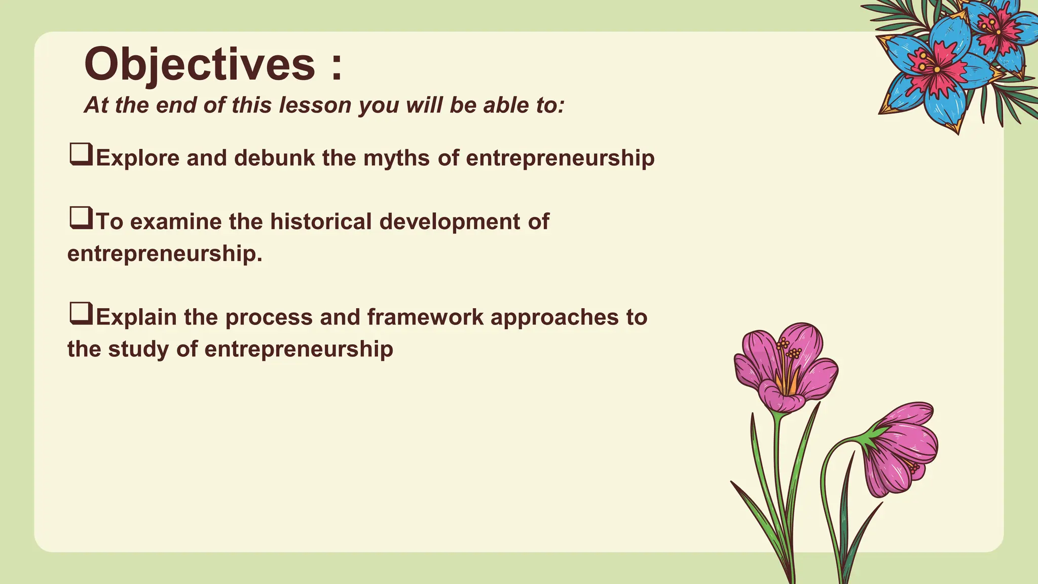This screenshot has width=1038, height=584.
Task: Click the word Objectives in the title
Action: [x=199, y=65]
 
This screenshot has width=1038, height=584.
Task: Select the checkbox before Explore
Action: [x=81, y=154]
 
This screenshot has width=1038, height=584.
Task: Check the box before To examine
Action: [x=81, y=218]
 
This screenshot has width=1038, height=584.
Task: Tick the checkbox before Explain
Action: [x=81, y=313]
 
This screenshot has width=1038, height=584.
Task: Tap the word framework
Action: [x=425, y=317]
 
